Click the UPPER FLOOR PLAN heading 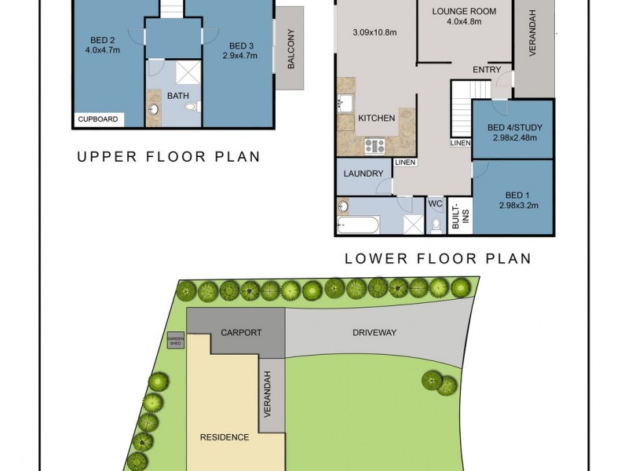tap(168, 156)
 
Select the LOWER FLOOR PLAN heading tap(438, 257)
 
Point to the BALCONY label tap(290, 49)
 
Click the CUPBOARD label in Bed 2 tap(98, 119)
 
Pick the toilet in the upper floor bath tap(191, 107)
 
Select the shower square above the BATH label tap(187, 72)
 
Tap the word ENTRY tap(487, 70)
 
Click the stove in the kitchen tap(374, 146)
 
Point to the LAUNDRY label tap(363, 173)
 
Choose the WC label tap(436, 203)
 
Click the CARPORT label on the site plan tap(240, 332)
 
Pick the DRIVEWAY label tap(374, 332)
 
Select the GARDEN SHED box tap(175, 340)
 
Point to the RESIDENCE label tap(224, 437)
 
